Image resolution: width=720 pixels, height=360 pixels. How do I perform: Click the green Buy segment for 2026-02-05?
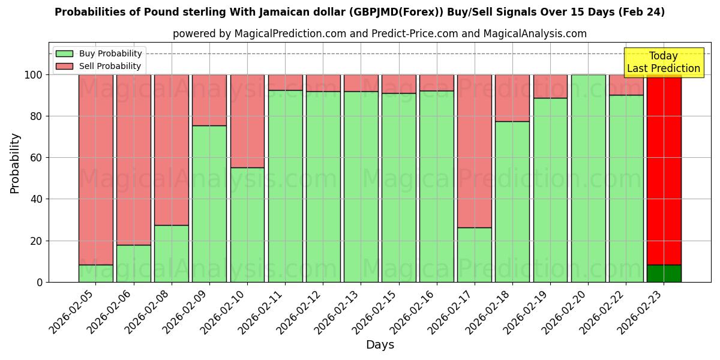tap(95, 273)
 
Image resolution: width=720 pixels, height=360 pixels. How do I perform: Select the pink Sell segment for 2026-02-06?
tap(133, 160)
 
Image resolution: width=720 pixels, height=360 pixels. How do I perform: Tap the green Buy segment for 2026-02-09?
tap(209, 203)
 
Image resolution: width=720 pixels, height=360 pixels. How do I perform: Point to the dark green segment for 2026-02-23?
tap(664, 273)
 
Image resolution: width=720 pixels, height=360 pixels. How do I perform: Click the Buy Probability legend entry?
tap(99, 53)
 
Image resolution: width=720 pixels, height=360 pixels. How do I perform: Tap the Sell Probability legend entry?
tap(99, 66)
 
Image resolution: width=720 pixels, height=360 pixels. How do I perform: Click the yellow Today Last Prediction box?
tap(663, 62)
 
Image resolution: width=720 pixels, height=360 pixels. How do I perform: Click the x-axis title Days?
tap(380, 345)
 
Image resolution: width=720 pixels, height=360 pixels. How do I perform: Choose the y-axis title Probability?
tap(15, 163)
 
